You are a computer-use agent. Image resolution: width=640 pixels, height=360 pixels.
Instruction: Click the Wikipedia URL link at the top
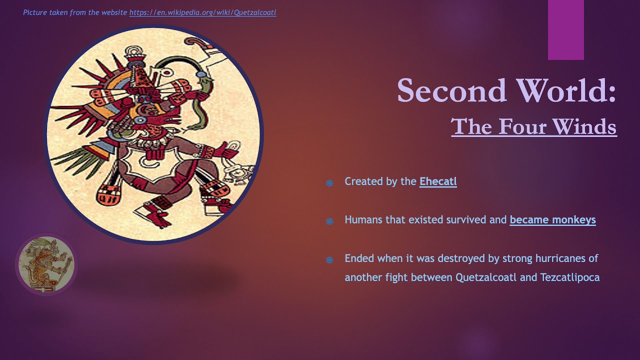tap(202, 12)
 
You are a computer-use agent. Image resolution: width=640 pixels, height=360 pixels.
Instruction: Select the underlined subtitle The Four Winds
tap(533, 126)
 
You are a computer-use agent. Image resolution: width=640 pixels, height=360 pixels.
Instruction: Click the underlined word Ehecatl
tap(438, 181)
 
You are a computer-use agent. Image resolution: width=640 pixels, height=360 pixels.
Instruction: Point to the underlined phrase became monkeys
tap(552, 220)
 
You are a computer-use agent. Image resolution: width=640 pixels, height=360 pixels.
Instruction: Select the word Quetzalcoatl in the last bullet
tap(486, 277)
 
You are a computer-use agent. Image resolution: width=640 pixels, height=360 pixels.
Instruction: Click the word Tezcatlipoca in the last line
tap(569, 277)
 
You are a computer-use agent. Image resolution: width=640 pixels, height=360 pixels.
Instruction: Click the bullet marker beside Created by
tap(329, 183)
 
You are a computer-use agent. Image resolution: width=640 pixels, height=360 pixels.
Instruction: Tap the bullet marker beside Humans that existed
tap(329, 221)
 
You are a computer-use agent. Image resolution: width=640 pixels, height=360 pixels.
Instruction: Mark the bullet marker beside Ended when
tap(329, 259)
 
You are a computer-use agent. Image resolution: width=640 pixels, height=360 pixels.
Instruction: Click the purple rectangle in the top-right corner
tap(565, 30)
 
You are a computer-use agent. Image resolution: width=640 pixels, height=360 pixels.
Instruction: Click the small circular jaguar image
tap(46, 264)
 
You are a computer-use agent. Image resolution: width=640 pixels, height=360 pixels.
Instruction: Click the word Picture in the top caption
tap(35, 12)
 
